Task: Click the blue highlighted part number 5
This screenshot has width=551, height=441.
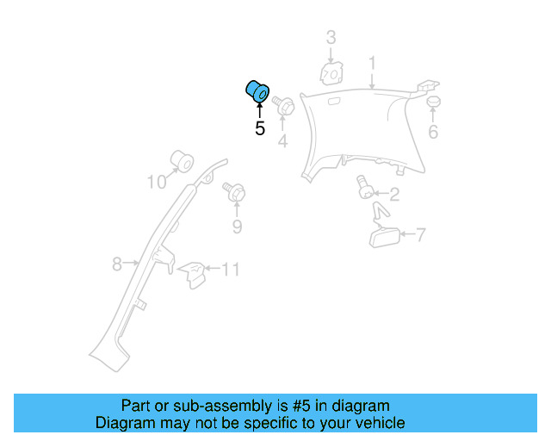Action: [258, 90]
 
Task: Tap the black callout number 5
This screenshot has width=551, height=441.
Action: [260, 129]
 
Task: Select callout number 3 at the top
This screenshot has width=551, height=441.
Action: [331, 38]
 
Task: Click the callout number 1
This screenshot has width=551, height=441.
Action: [372, 63]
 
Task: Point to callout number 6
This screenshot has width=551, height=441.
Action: [433, 132]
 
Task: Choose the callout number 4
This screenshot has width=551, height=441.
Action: [282, 140]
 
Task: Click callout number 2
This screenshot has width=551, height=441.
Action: [394, 195]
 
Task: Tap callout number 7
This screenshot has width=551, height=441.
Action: [421, 233]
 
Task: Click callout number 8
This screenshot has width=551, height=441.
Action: [117, 264]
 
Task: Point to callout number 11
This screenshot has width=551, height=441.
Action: [230, 270]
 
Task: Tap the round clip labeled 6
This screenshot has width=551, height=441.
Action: [433, 102]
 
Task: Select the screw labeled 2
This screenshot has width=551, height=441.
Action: [365, 185]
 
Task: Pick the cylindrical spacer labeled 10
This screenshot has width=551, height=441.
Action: [181, 160]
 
